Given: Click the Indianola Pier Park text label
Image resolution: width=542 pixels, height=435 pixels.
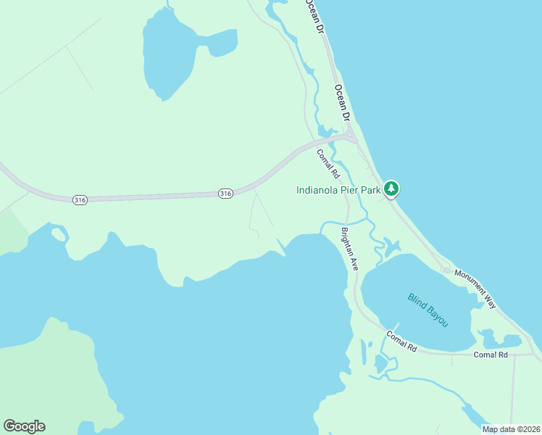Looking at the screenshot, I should [338, 191].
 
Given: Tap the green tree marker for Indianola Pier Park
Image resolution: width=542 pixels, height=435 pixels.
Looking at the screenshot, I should [391, 189].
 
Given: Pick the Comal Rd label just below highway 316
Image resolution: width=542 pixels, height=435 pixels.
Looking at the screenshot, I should [328, 164].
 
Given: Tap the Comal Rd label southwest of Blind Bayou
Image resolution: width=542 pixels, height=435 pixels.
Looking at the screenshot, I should [401, 342].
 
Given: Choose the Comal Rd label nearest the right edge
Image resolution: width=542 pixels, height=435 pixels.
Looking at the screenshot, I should [491, 355].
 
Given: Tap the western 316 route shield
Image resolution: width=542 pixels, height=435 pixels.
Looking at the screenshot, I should [80, 199].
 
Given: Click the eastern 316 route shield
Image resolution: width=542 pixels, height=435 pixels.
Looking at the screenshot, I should [225, 194].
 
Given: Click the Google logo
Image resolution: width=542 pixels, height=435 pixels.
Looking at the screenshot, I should [24, 426].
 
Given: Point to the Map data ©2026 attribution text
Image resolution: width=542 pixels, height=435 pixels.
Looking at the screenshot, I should [510, 429].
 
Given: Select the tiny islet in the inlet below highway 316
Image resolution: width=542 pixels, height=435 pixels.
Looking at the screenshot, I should [58, 233].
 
